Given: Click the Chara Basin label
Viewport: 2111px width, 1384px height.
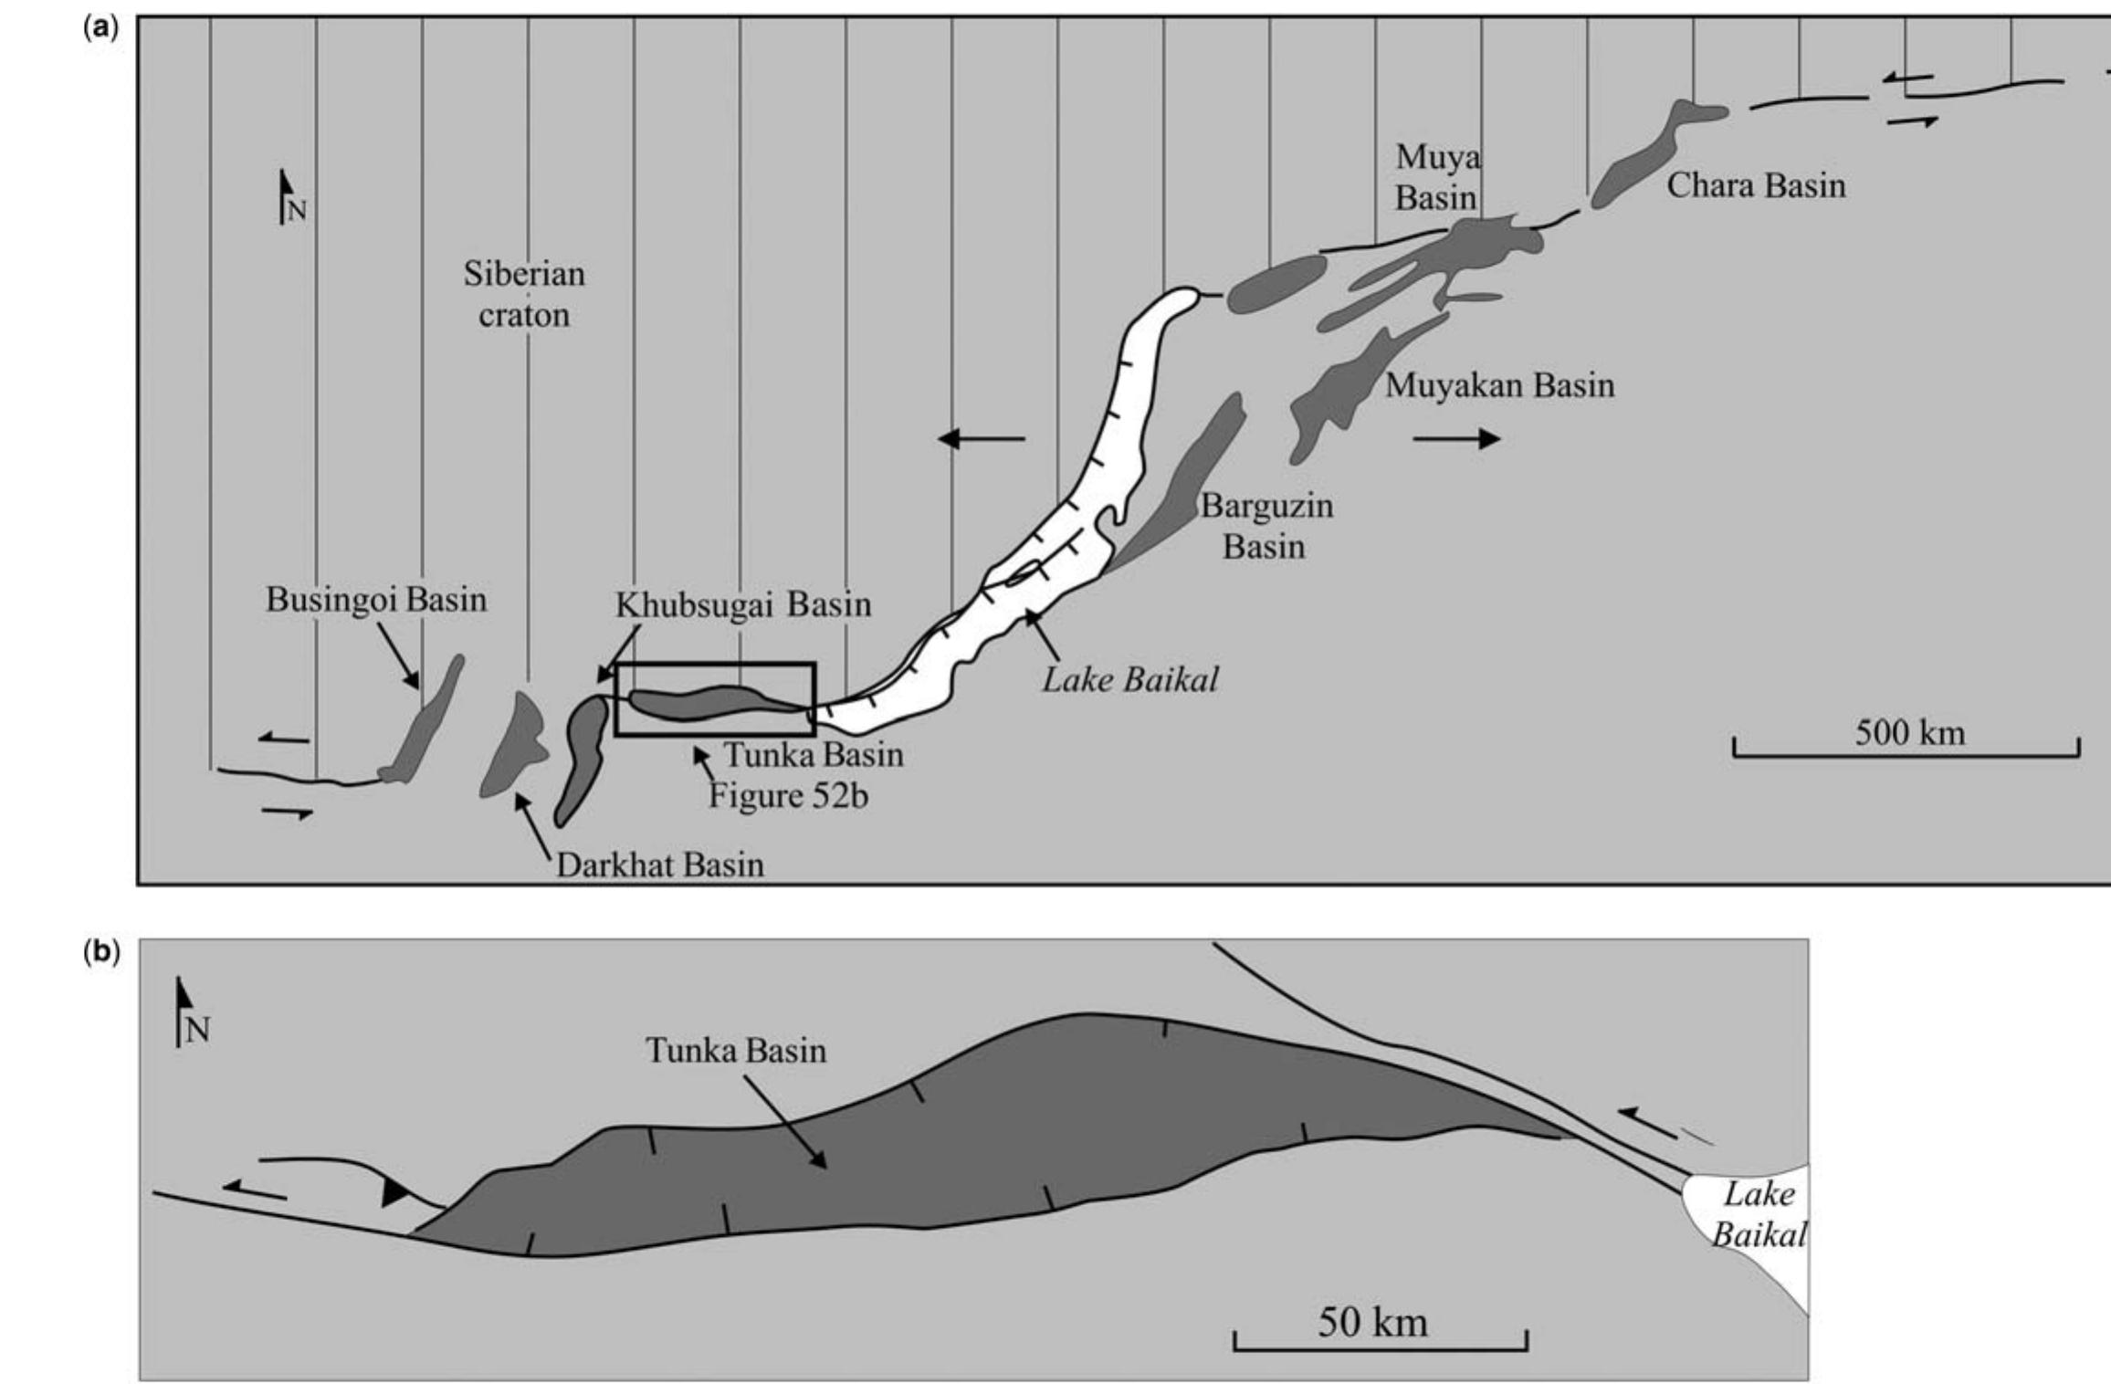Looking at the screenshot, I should [1755, 185].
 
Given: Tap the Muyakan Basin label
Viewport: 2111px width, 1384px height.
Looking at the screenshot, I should [1499, 385].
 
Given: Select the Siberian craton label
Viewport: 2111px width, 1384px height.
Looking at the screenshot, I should [523, 294].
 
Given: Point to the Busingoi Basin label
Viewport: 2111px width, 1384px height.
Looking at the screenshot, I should [376, 600].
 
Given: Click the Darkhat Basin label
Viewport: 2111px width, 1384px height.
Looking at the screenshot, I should [659, 864].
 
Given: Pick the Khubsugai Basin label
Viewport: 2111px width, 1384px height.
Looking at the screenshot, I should [742, 604].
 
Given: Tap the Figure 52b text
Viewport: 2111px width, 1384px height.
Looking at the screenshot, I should [788, 796].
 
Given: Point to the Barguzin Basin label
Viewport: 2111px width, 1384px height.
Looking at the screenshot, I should [1266, 526].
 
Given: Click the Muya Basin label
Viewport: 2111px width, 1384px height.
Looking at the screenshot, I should [1436, 177].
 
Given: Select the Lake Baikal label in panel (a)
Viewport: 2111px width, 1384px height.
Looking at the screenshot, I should [1130, 679].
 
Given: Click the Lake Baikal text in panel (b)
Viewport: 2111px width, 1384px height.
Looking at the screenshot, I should [1758, 1214].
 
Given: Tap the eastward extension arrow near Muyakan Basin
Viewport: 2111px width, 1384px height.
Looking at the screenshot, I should [1455, 439].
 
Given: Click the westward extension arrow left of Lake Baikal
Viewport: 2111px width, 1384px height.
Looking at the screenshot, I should [982, 439].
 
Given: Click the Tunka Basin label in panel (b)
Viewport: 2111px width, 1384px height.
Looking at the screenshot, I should [736, 1050].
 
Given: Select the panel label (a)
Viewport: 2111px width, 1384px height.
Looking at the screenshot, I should [100, 27].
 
